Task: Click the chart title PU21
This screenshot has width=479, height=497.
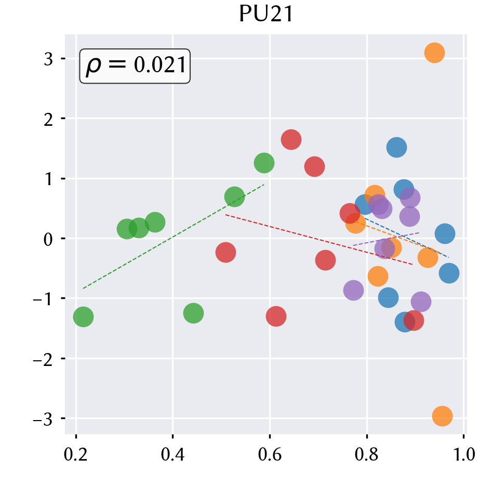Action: tap(266, 14)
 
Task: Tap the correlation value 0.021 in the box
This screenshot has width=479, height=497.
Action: tap(159, 65)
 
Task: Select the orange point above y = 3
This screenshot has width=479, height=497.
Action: tap(434, 53)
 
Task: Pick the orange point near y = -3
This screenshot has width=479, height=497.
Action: tap(442, 416)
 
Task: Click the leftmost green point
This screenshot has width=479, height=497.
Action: tap(83, 317)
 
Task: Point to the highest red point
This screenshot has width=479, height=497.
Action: tap(291, 139)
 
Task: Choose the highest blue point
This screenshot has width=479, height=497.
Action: tap(396, 148)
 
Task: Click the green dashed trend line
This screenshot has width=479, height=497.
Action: tap(174, 237)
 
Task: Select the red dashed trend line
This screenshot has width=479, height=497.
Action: tap(319, 240)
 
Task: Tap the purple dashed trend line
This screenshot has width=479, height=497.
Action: tap(386, 239)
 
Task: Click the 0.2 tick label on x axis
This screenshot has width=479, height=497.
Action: tap(75, 454)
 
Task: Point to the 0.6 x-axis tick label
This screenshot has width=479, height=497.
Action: tap(270, 454)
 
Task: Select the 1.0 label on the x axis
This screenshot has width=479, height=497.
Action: tap(464, 454)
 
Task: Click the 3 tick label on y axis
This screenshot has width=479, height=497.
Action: tap(48, 59)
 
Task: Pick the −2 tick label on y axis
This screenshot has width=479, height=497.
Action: tap(43, 359)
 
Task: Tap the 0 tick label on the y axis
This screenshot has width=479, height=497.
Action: tap(48, 239)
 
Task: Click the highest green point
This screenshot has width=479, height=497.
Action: tap(264, 163)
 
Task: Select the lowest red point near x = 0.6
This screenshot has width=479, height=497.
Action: tap(276, 316)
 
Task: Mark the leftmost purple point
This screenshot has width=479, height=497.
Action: tap(353, 290)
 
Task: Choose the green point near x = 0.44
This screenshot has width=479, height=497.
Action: tap(193, 313)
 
